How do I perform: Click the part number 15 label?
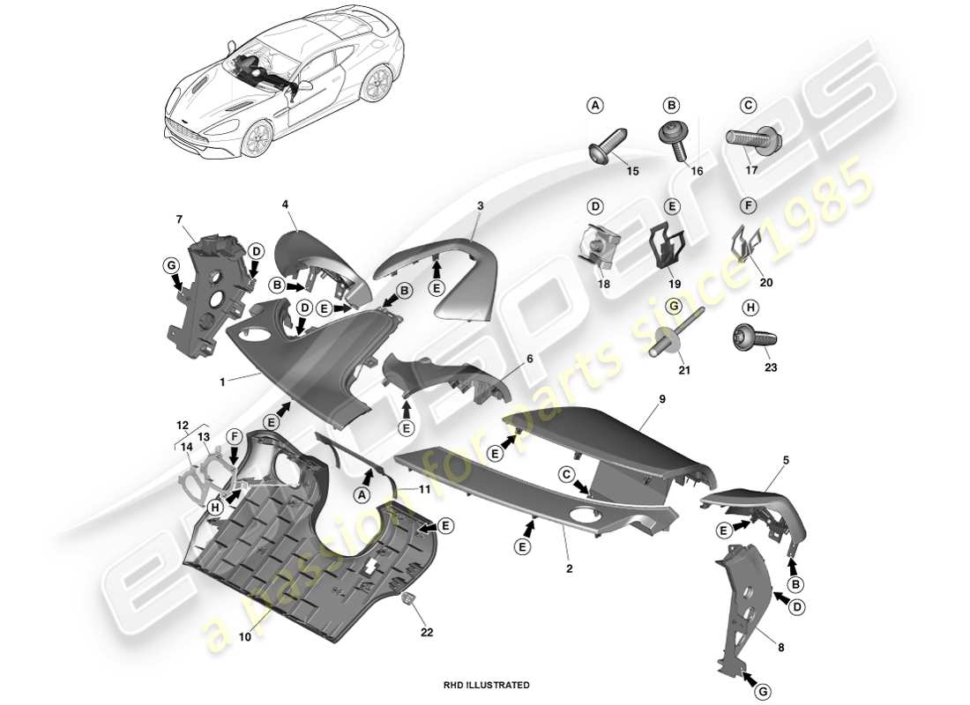(x=632, y=171)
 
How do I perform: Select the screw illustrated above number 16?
(x=676, y=140)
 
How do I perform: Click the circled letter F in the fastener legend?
(x=748, y=206)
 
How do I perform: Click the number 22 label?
(x=427, y=631)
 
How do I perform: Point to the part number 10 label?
(x=245, y=635)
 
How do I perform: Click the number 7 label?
(x=179, y=218)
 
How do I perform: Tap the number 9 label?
(x=662, y=399)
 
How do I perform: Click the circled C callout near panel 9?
(x=566, y=473)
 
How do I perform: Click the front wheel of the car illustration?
(x=257, y=139)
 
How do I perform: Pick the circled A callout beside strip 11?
(x=360, y=495)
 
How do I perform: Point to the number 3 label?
(x=481, y=205)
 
